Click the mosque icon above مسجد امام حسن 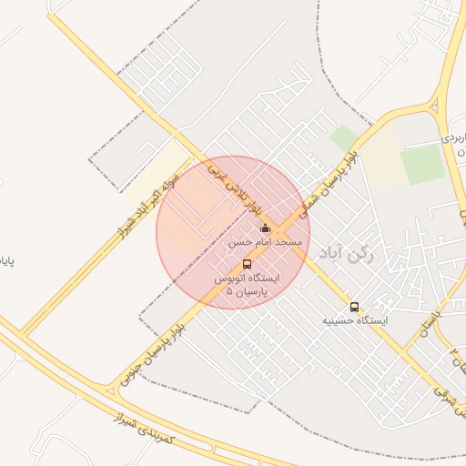pyautogui.click(x=265, y=228)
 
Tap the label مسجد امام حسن pyautogui.click(x=265, y=244)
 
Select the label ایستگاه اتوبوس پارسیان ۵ pyautogui.click(x=248, y=286)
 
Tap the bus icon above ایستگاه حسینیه pyautogui.click(x=354, y=307)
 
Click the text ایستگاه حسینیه pyautogui.click(x=355, y=321)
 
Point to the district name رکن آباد pyautogui.click(x=388, y=258)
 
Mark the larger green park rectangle pyautogui.click(x=422, y=165)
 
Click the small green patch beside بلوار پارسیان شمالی pyautogui.click(x=344, y=138)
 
